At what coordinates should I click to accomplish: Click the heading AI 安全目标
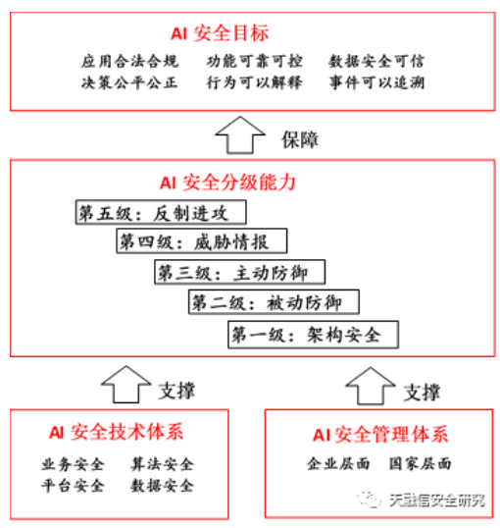click(220, 33)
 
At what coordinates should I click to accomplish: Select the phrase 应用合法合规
click(129, 61)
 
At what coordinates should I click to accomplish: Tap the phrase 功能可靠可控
click(255, 61)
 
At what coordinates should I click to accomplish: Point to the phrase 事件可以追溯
click(376, 82)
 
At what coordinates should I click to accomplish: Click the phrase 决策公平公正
click(129, 82)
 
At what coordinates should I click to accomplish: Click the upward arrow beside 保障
click(240, 135)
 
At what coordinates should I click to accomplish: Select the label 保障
click(300, 139)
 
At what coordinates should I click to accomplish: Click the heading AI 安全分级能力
click(227, 183)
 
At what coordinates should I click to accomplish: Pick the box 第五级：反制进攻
click(161, 212)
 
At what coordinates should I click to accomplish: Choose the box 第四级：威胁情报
click(202, 240)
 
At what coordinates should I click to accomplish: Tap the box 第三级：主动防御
click(239, 272)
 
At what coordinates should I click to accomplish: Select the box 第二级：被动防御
click(274, 301)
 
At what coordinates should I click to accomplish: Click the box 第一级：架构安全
click(314, 335)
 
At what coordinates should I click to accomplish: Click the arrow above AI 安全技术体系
click(126, 384)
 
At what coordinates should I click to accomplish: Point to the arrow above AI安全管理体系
click(371, 386)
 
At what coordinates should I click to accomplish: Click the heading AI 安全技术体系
click(117, 432)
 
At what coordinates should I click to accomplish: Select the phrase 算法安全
click(162, 464)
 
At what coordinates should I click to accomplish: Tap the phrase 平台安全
click(73, 486)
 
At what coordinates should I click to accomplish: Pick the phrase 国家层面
click(420, 463)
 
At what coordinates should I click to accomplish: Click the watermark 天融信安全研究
click(436, 501)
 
